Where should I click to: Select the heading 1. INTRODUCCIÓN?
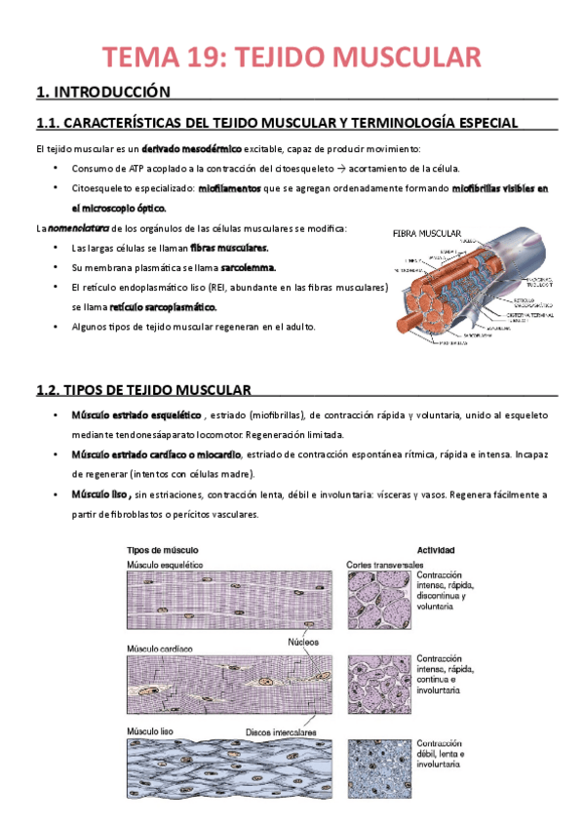coord(102,93)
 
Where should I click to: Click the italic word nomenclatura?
coord(78,228)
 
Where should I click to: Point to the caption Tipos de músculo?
coord(157,550)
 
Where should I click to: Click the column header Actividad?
coord(437,550)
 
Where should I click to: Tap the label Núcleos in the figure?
coord(303,641)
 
